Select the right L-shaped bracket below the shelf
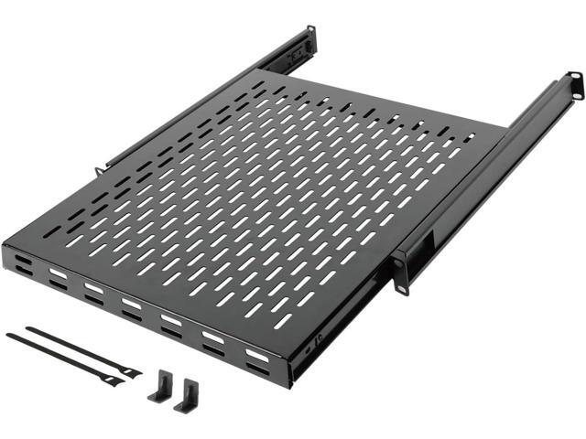(x=190, y=392)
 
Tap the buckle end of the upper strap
(x=130, y=371)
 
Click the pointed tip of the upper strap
(x=27, y=327)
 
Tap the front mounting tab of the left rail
(x=98, y=170)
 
